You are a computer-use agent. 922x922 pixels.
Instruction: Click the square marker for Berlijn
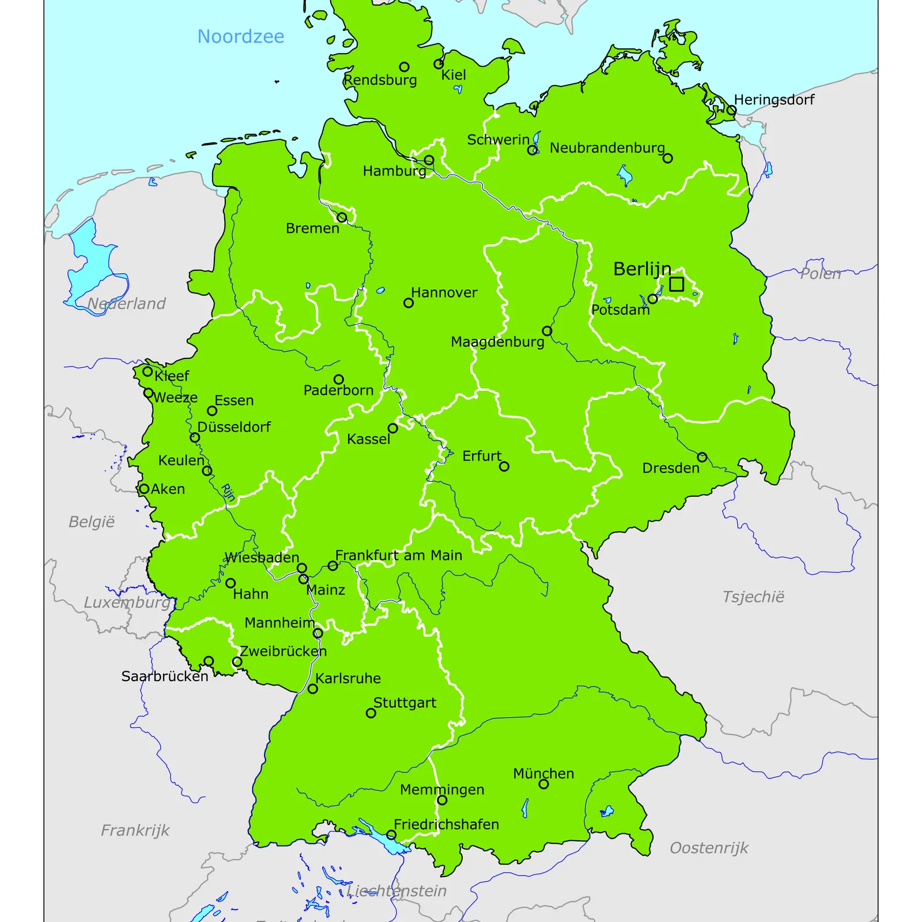point(677,284)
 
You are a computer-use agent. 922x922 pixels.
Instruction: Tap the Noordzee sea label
point(241,37)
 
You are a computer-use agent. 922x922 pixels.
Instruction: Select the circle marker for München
point(543,784)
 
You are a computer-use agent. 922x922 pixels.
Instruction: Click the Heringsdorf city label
point(774,100)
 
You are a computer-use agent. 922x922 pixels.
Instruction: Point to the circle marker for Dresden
point(702,457)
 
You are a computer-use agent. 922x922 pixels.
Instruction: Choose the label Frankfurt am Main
point(399,556)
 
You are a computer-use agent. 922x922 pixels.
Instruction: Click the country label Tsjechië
point(753,597)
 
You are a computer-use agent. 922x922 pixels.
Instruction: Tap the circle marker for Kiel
point(439,64)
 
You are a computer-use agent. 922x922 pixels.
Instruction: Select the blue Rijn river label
point(229,493)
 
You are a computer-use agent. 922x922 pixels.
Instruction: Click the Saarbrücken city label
point(165,677)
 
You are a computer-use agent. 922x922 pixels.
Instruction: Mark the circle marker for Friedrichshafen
point(391,834)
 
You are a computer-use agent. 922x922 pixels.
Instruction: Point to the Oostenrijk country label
point(709,848)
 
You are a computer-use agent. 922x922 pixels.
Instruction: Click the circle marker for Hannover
point(409,303)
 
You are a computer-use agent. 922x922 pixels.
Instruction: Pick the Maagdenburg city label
point(497,342)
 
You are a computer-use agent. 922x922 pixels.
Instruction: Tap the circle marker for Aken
point(144,489)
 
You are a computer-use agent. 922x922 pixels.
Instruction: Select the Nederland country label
point(126,304)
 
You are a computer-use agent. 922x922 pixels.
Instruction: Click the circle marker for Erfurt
point(504,466)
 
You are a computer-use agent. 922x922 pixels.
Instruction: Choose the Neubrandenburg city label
point(607,148)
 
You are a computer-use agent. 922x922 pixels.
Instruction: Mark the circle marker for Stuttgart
point(371,713)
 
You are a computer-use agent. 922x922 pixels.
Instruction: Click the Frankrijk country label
point(135,830)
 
